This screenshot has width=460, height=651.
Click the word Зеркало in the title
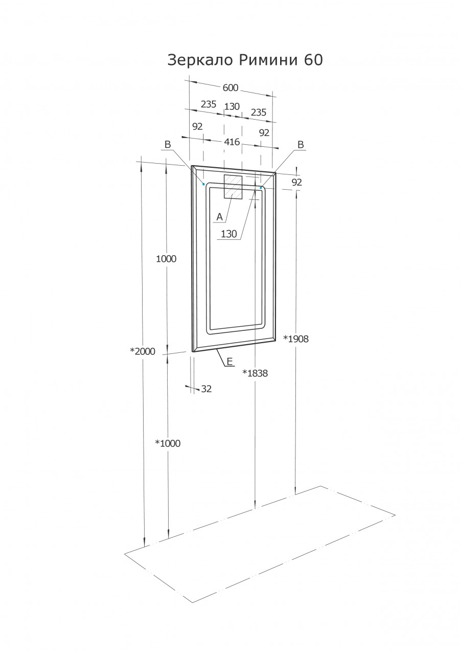click(x=201, y=60)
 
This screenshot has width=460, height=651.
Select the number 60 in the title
click(x=314, y=60)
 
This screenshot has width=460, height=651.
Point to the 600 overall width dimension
click(x=231, y=88)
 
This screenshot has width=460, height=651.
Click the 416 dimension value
click(x=232, y=142)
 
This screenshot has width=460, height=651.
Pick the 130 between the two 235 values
click(x=232, y=106)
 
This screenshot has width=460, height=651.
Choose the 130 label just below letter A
click(x=229, y=234)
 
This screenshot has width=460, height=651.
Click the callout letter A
click(x=219, y=217)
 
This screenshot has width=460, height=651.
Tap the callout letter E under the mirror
click(x=229, y=362)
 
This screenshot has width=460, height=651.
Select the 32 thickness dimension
click(x=206, y=389)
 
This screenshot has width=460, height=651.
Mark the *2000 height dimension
click(x=142, y=351)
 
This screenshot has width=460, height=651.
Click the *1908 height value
click(x=296, y=339)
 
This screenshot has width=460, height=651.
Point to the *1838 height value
click(x=255, y=373)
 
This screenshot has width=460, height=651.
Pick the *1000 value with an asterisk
click(x=168, y=443)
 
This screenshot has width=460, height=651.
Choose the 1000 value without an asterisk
click(x=166, y=259)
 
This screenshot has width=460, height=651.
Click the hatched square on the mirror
click(x=233, y=186)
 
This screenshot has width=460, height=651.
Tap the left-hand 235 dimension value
click(x=209, y=104)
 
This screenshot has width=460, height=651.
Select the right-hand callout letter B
click(x=301, y=145)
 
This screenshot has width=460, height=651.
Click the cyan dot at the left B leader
click(x=204, y=184)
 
